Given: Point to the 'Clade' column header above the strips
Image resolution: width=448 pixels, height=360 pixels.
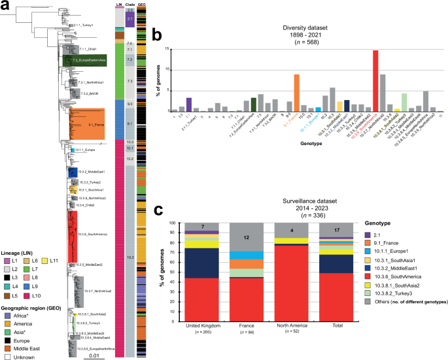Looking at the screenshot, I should click(x=130, y=4).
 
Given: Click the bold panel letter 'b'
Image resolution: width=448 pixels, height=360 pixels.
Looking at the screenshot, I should click(x=156, y=30).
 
